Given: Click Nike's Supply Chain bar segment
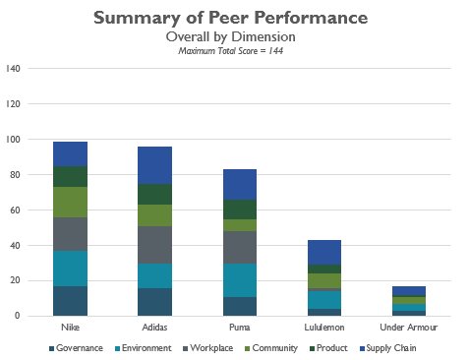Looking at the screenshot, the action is [x=70, y=154].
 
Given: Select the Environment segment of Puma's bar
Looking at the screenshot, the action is [x=240, y=280].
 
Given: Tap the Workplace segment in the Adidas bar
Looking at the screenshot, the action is [x=154, y=245].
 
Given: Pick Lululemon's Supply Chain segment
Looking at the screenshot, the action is [x=324, y=253].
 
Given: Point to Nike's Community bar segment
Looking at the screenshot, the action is [x=70, y=202].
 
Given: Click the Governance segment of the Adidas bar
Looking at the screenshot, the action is [x=154, y=302].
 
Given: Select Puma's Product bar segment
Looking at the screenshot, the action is [x=240, y=210].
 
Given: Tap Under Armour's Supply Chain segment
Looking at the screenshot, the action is [x=409, y=291].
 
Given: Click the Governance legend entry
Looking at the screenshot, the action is [x=76, y=348].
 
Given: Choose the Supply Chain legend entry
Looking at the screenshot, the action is [x=388, y=348].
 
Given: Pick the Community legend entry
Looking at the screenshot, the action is [x=271, y=348].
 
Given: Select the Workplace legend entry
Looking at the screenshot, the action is [x=208, y=348].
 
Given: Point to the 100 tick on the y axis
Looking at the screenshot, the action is [x=13, y=140].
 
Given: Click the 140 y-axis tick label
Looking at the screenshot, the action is [x=13, y=69].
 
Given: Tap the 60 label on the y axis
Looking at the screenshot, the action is [x=15, y=210].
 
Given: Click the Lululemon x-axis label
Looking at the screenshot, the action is [x=324, y=328].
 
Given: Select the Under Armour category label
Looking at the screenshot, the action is [x=409, y=328].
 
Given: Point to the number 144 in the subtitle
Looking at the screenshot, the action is [x=275, y=51].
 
